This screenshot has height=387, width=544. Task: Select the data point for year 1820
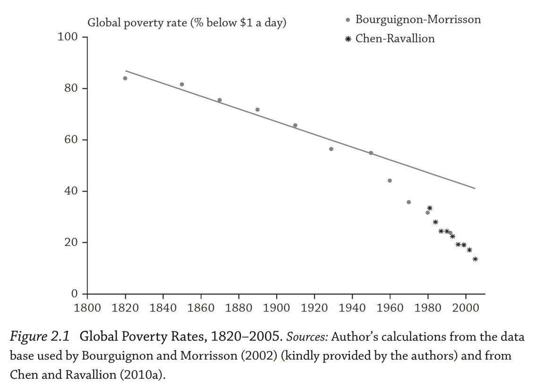pyautogui.click(x=125, y=78)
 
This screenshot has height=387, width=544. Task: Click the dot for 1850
pyautogui.click(x=182, y=85)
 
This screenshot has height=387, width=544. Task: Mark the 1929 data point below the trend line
pyautogui.click(x=331, y=149)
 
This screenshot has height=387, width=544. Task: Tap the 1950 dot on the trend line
pyautogui.click(x=371, y=153)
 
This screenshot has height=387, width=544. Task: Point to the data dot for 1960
pyautogui.click(x=390, y=181)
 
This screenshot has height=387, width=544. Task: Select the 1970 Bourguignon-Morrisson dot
pyautogui.click(x=408, y=202)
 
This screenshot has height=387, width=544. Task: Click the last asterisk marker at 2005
pyautogui.click(x=475, y=259)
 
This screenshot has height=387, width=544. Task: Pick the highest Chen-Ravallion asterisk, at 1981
pyautogui.click(x=430, y=208)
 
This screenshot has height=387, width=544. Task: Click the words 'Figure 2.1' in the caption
pyautogui.click(x=40, y=337)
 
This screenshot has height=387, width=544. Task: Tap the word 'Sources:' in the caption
pyautogui.click(x=307, y=337)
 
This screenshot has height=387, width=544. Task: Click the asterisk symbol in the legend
pyautogui.click(x=348, y=39)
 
